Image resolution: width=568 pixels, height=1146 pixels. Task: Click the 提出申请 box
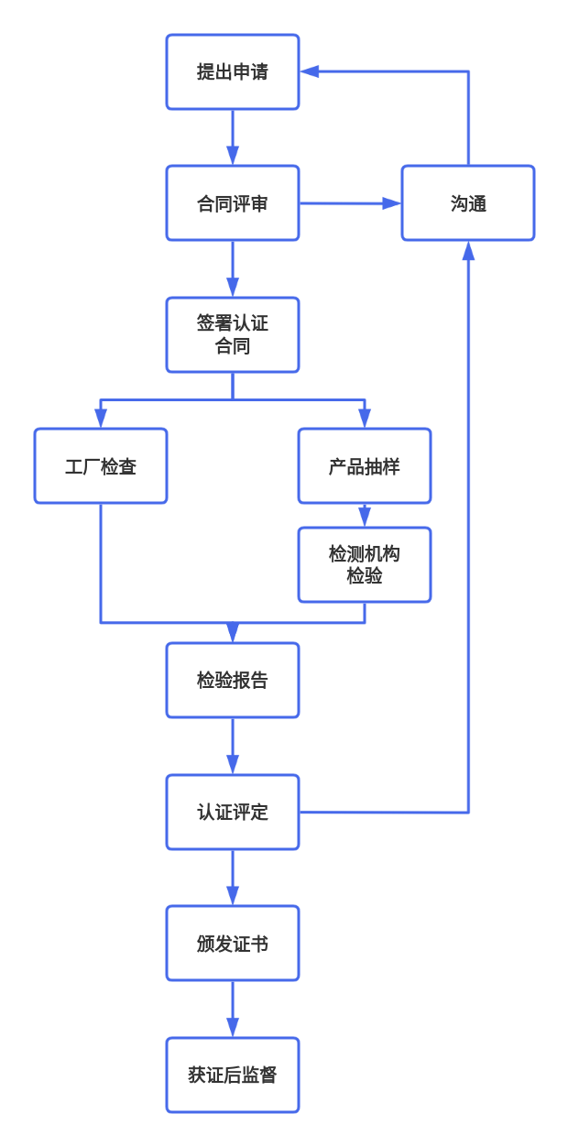(x=233, y=72)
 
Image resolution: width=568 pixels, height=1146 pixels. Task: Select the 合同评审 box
(x=233, y=203)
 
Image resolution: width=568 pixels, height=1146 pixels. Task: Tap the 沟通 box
(x=468, y=203)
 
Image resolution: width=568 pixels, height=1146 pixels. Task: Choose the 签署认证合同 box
(x=233, y=335)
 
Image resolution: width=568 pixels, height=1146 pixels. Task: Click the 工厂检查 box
(x=101, y=466)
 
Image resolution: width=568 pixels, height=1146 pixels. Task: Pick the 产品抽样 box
(x=365, y=466)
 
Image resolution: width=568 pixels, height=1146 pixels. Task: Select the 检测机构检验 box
(x=365, y=565)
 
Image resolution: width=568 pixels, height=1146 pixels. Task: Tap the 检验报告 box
(x=233, y=681)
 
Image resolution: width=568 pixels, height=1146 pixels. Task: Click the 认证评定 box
(x=233, y=813)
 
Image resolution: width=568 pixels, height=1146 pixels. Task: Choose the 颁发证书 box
(x=233, y=944)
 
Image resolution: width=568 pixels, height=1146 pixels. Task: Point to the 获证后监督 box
(x=233, y=1075)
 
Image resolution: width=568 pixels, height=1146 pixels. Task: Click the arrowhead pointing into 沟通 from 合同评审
(x=392, y=203)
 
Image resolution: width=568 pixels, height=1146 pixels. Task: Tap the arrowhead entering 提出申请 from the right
(x=310, y=72)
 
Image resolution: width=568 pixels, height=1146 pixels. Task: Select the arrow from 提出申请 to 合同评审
(x=233, y=138)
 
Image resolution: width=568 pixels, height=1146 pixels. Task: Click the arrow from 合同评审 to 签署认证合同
(x=233, y=269)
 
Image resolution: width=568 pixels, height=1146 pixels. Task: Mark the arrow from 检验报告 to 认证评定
(x=233, y=747)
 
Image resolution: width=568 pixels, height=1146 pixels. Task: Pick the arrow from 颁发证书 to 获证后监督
(x=233, y=1010)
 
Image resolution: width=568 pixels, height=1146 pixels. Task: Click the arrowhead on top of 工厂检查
(x=101, y=419)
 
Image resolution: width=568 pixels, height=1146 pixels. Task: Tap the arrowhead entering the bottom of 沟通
(x=468, y=251)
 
